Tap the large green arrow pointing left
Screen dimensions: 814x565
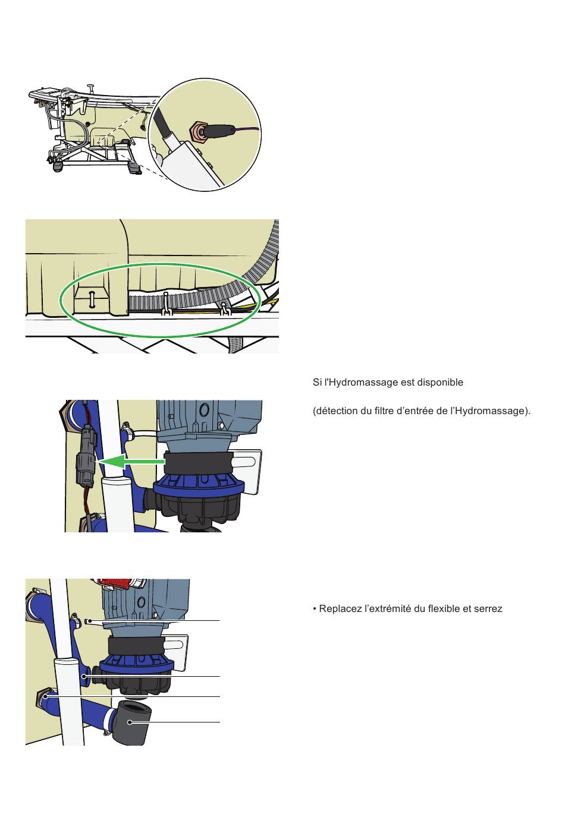click(x=131, y=460)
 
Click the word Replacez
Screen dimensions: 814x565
click(x=340, y=609)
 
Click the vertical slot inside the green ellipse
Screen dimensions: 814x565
click(x=92, y=299)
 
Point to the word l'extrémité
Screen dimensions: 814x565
click(x=387, y=609)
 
